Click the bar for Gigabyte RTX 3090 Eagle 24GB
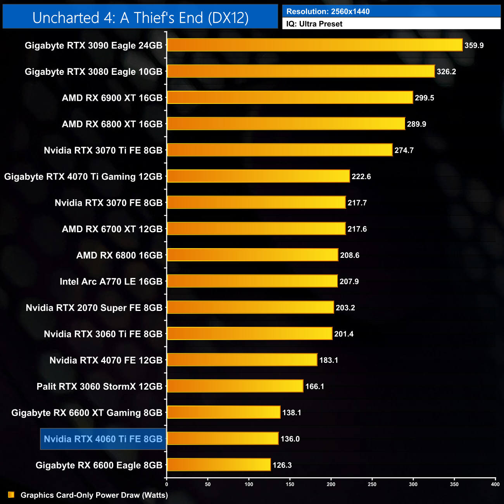coord(314,45)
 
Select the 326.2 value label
coord(446,72)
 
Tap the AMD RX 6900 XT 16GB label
coord(112,98)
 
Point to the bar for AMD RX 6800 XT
coord(286,124)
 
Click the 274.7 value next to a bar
coord(404,150)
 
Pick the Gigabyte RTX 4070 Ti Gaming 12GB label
coord(83,177)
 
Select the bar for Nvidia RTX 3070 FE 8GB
coord(256,202)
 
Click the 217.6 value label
coord(357,229)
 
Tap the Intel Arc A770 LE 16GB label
coord(111,281)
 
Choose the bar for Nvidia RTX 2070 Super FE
coord(250,307)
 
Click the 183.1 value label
coord(328,360)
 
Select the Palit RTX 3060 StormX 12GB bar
coord(235,386)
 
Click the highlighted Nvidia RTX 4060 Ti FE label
coord(103,439)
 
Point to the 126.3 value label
coord(282,465)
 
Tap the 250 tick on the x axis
coord(372,484)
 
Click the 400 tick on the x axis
coord(495,484)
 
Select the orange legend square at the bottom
coord(11,495)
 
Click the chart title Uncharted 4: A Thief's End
coord(140,18)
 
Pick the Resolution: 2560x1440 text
coord(328,12)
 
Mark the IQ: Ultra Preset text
coord(314,24)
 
